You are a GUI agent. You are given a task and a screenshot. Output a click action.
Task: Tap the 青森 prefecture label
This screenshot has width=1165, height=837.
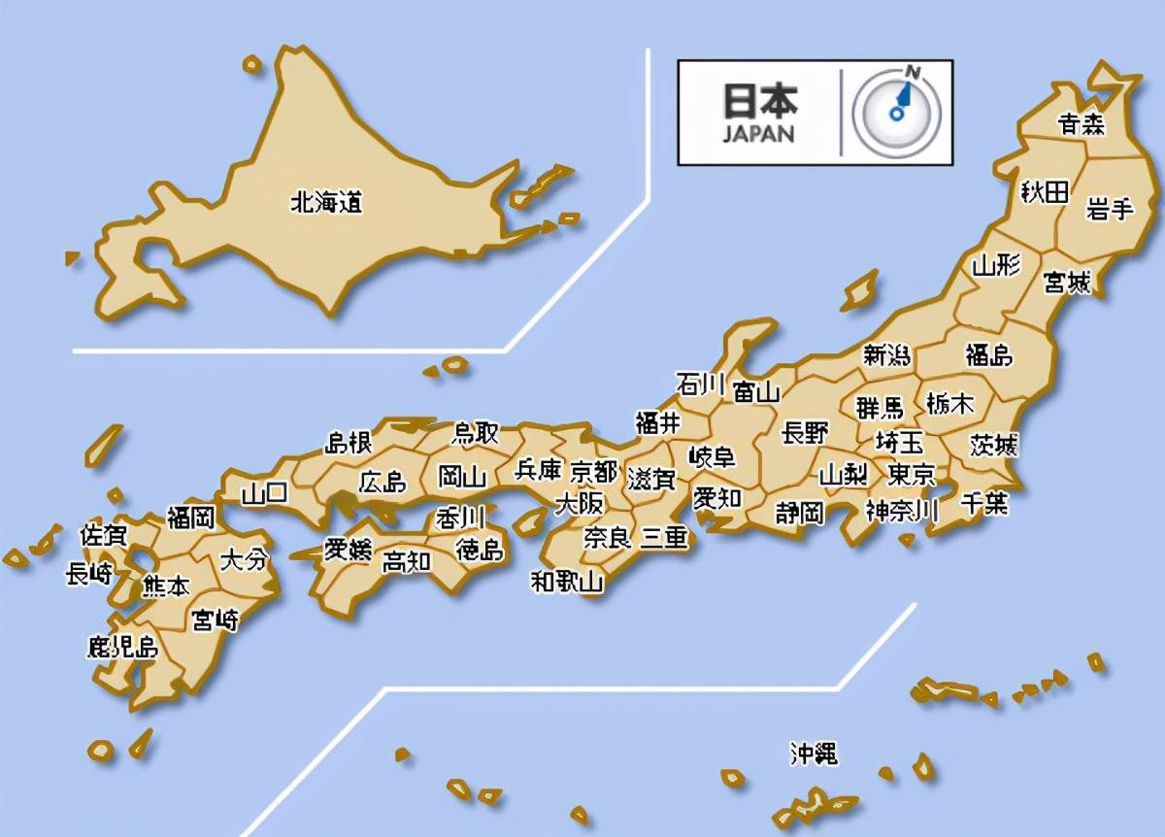pos(1081,124)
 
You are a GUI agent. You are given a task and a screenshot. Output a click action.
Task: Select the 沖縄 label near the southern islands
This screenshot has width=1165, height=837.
pos(813,753)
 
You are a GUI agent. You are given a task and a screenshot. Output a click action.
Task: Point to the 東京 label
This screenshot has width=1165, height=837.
pos(912,475)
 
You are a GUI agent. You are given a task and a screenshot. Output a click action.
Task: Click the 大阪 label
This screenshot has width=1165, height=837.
pos(579,503)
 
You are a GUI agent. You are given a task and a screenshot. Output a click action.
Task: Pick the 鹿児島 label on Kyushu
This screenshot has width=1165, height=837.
pos(122,646)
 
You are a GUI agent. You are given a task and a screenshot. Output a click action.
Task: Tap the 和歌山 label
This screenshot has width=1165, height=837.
pos(567,582)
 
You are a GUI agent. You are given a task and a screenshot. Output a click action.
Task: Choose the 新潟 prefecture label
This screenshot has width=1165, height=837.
pos(887,355)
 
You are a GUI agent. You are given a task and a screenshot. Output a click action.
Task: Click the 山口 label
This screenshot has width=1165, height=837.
pos(264,493)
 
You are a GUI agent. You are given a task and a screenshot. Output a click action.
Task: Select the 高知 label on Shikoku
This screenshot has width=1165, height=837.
pos(406,561)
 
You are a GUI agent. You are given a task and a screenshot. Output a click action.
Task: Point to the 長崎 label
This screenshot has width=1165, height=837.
pos(89,574)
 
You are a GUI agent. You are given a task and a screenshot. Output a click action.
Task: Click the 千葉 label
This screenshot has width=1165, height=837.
pos(983,503)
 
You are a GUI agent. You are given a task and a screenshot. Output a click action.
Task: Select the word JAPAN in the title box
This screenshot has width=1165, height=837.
pos(757,135)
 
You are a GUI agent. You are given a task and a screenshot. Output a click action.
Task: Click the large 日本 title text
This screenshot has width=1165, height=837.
pos(759,100)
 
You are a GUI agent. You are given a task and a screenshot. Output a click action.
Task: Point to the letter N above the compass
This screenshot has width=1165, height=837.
pos(912,71)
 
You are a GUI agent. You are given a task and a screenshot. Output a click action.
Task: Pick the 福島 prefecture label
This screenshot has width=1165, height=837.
pos(988,355)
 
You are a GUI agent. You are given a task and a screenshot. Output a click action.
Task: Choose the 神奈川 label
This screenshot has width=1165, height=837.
pos(902,511)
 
